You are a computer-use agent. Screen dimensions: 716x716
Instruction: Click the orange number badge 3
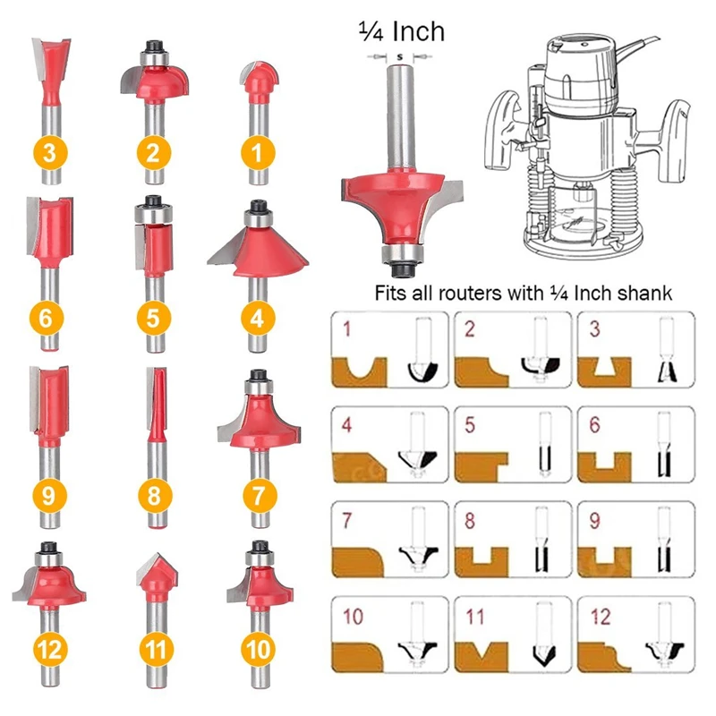tap(49, 152)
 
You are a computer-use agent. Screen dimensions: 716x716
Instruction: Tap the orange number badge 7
tap(258, 492)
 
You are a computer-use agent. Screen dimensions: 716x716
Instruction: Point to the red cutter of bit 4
tap(258, 243)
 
